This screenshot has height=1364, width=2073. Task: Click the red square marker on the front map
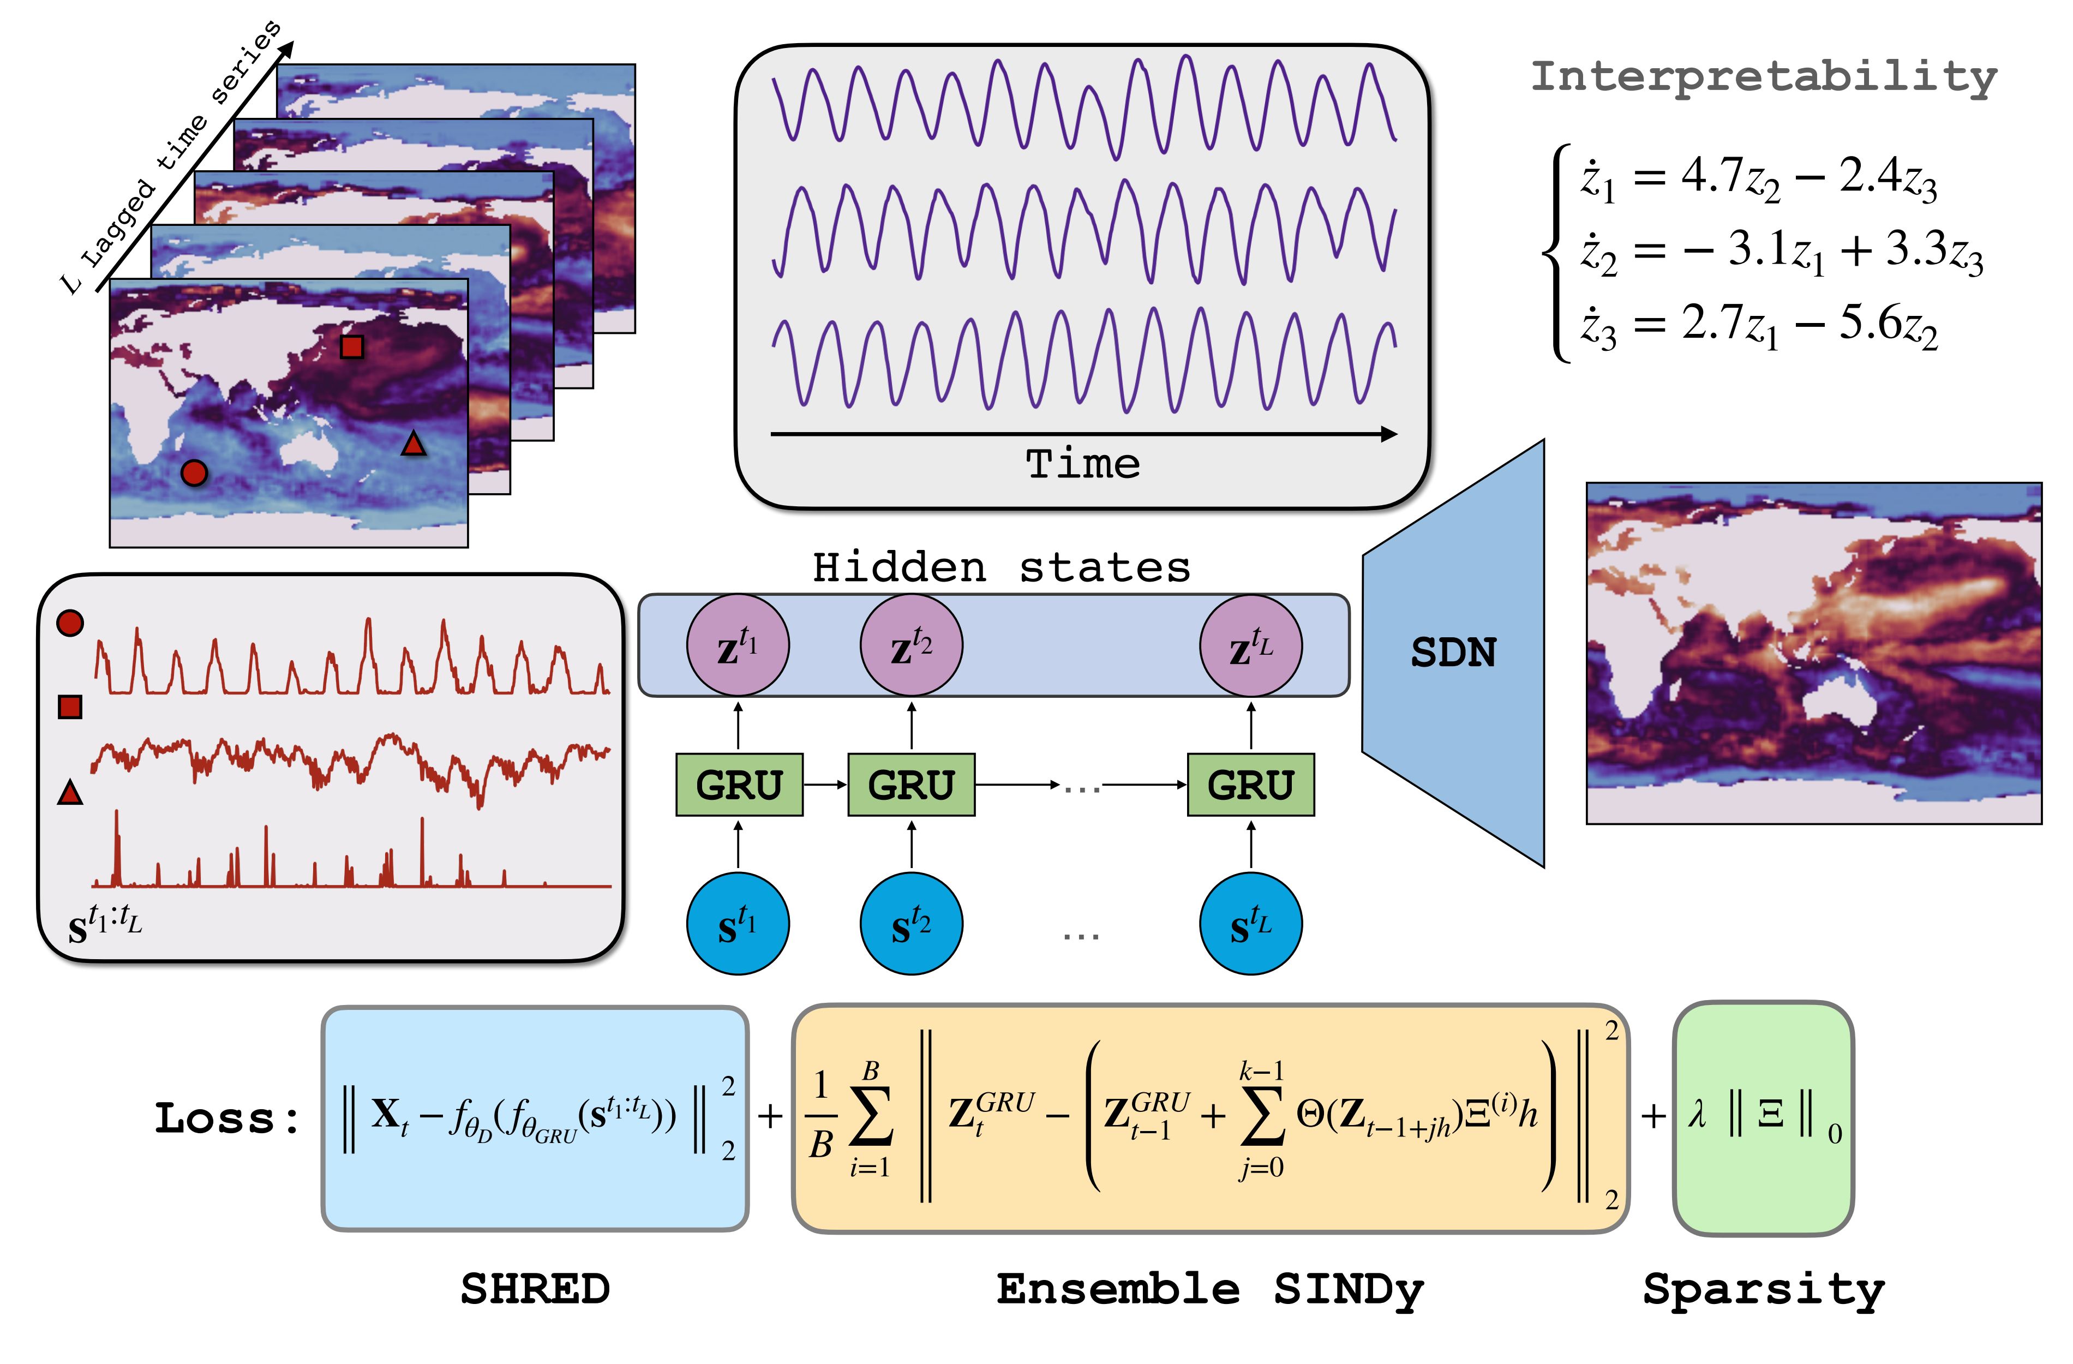(x=351, y=346)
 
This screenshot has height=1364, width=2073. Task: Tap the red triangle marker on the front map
(x=413, y=444)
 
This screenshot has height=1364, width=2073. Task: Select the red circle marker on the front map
(x=193, y=473)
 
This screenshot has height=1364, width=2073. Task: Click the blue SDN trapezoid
(x=1453, y=653)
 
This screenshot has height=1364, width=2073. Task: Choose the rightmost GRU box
(x=1251, y=785)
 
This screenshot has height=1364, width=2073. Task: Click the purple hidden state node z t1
(x=738, y=645)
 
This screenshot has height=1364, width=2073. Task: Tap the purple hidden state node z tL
(x=1251, y=645)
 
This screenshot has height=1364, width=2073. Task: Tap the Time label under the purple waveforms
(x=1083, y=463)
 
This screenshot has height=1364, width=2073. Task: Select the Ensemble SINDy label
(x=1210, y=1290)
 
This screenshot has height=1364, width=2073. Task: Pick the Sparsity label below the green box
(x=1764, y=1290)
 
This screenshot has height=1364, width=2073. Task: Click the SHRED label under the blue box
(x=535, y=1289)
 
